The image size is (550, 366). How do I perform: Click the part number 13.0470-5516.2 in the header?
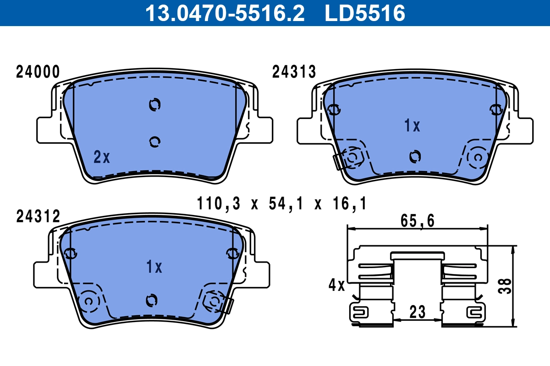[x=225, y=13]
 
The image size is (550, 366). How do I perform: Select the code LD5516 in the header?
[x=365, y=13]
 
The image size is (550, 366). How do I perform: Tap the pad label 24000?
[x=38, y=72]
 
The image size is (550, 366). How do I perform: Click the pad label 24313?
[x=294, y=72]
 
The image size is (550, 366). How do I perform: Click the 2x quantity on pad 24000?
[x=102, y=157]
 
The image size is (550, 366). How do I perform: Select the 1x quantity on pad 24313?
[x=412, y=126]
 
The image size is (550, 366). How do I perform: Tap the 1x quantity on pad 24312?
[x=154, y=267]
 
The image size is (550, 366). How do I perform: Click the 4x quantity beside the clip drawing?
[x=336, y=285]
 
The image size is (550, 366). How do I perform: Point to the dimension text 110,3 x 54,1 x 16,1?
[x=281, y=203]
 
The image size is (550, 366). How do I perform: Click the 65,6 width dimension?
[x=417, y=221]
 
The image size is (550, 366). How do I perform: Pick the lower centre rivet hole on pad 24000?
[x=155, y=142]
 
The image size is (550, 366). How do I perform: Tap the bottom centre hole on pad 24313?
[x=415, y=156]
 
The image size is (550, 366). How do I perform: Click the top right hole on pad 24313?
[x=495, y=109]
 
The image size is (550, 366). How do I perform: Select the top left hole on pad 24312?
[x=71, y=253]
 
